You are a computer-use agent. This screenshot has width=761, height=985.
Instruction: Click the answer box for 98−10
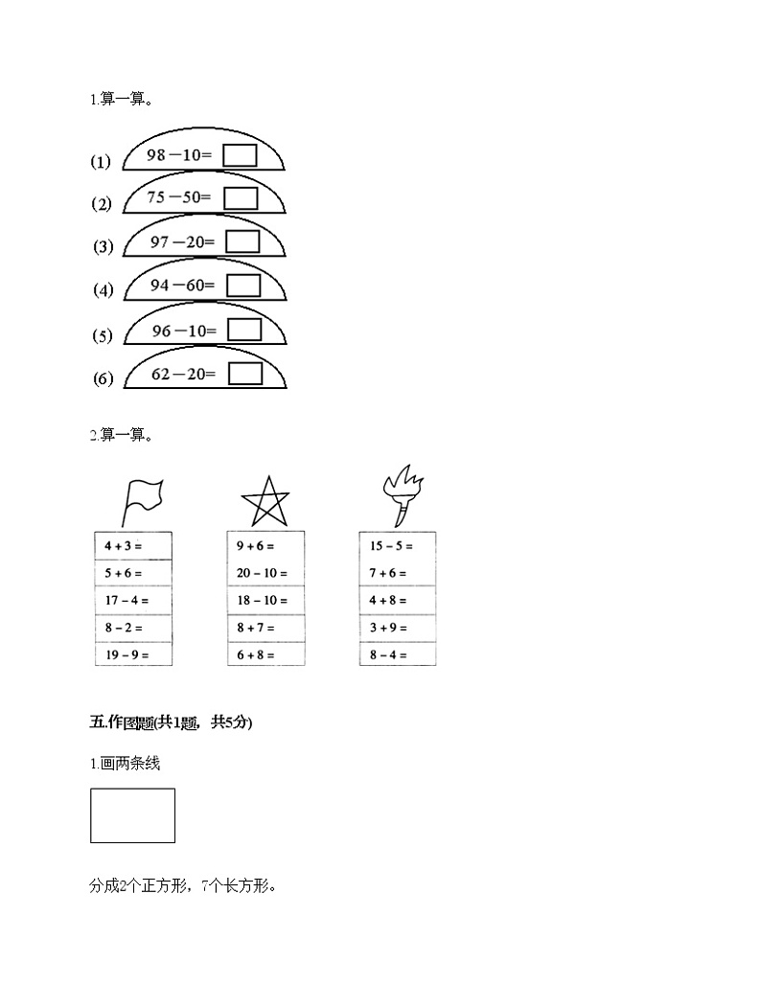[x=240, y=155]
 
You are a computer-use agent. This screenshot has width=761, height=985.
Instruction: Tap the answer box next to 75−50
[x=242, y=197]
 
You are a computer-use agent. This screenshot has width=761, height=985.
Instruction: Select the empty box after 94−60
[x=243, y=286]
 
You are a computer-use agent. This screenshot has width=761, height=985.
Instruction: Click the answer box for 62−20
[x=245, y=373]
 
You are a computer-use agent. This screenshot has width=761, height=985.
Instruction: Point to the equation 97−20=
[x=183, y=242]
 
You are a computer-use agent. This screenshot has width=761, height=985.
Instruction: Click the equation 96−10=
[x=185, y=331]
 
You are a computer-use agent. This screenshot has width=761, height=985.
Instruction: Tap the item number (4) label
[x=104, y=290]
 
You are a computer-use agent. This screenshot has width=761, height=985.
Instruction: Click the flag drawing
[x=141, y=499]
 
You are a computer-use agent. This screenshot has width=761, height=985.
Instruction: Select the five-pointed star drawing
[x=265, y=501]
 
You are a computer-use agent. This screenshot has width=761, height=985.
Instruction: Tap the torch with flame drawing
[x=401, y=492]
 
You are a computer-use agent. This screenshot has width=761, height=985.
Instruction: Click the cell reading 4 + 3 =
[x=133, y=546]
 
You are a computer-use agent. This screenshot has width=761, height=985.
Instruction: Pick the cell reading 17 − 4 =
[x=133, y=601]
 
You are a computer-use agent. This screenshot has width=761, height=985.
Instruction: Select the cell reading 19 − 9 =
[x=133, y=655]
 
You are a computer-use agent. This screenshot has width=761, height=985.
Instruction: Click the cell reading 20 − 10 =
[x=265, y=574]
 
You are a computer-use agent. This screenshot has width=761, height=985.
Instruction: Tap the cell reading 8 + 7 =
[x=265, y=629]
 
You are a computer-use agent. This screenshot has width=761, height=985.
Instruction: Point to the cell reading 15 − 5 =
[x=398, y=546]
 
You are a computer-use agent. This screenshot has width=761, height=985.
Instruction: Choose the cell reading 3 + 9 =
[x=398, y=629]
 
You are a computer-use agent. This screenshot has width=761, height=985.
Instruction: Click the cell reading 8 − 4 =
[x=398, y=655]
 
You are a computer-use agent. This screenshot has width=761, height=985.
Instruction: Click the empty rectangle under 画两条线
[x=132, y=815]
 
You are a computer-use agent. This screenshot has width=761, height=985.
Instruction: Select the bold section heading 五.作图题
[x=171, y=723]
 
